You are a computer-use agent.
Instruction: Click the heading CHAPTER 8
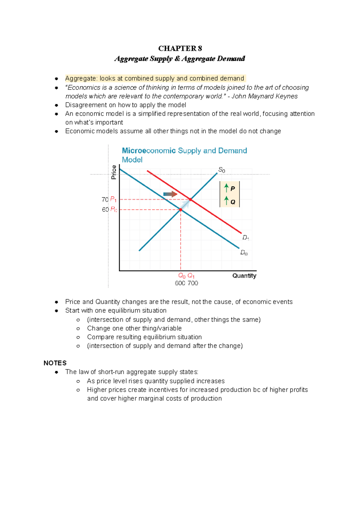180,49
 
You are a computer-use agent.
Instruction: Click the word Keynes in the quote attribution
288,96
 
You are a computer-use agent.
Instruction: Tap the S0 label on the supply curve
222,170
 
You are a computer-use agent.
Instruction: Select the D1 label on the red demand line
246,238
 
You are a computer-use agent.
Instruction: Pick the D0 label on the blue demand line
244,253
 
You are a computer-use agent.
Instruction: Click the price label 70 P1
109,199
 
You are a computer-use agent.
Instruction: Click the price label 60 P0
109,210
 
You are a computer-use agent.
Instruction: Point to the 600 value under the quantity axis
180,283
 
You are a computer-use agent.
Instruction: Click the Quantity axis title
244,276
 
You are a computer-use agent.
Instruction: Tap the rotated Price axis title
114,172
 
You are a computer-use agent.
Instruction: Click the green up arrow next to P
226,188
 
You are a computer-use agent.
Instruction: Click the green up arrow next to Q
226,201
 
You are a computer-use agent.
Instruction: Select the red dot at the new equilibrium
190,199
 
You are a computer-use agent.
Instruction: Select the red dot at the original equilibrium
181,210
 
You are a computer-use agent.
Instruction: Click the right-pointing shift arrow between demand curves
170,194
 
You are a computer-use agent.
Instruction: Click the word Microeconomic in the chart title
148,151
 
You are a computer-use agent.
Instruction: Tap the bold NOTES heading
55,363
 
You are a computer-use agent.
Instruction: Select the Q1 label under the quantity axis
191,276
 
